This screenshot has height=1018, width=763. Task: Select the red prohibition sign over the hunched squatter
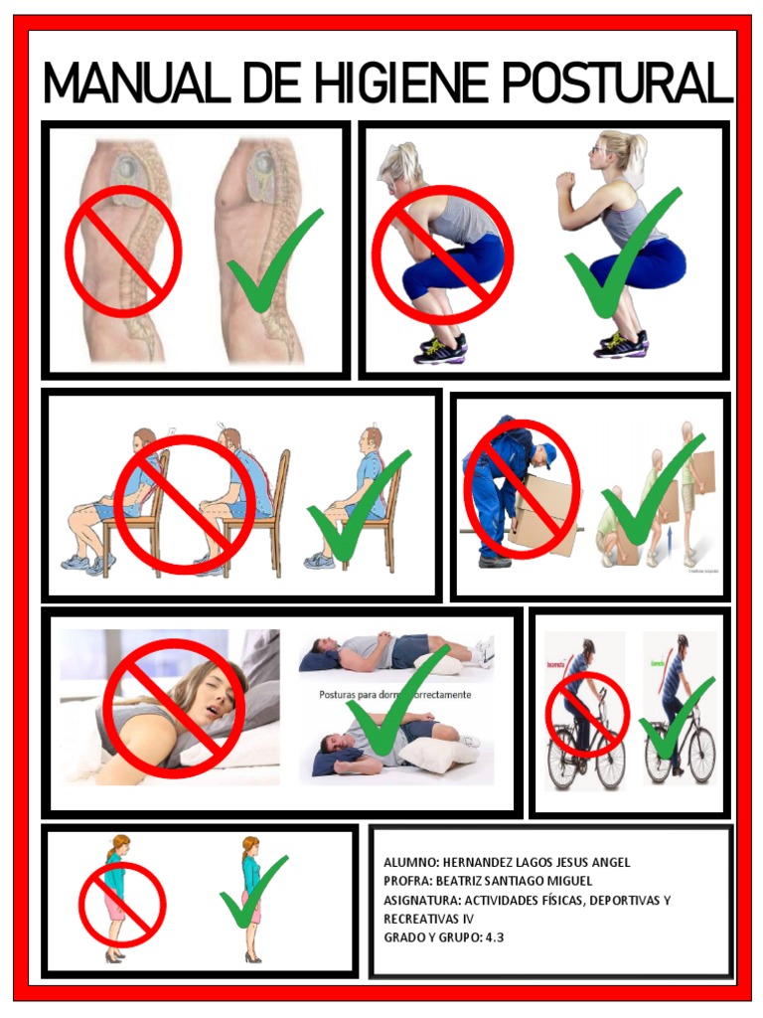pyautogui.click(x=442, y=254)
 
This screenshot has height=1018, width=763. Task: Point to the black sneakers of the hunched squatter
pyautogui.click(x=441, y=349)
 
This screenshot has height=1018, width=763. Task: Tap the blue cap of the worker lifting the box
pyautogui.click(x=547, y=455)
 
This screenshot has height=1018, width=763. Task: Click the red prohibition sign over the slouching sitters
pyautogui.click(x=185, y=504)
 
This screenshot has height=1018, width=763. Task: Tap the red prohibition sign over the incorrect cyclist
pyautogui.click(x=587, y=714)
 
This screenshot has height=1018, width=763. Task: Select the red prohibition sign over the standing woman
pyautogui.click(x=122, y=904)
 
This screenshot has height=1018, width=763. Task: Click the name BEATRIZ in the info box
pyautogui.click(x=473, y=881)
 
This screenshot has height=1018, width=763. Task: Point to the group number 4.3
pyautogui.click(x=495, y=937)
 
